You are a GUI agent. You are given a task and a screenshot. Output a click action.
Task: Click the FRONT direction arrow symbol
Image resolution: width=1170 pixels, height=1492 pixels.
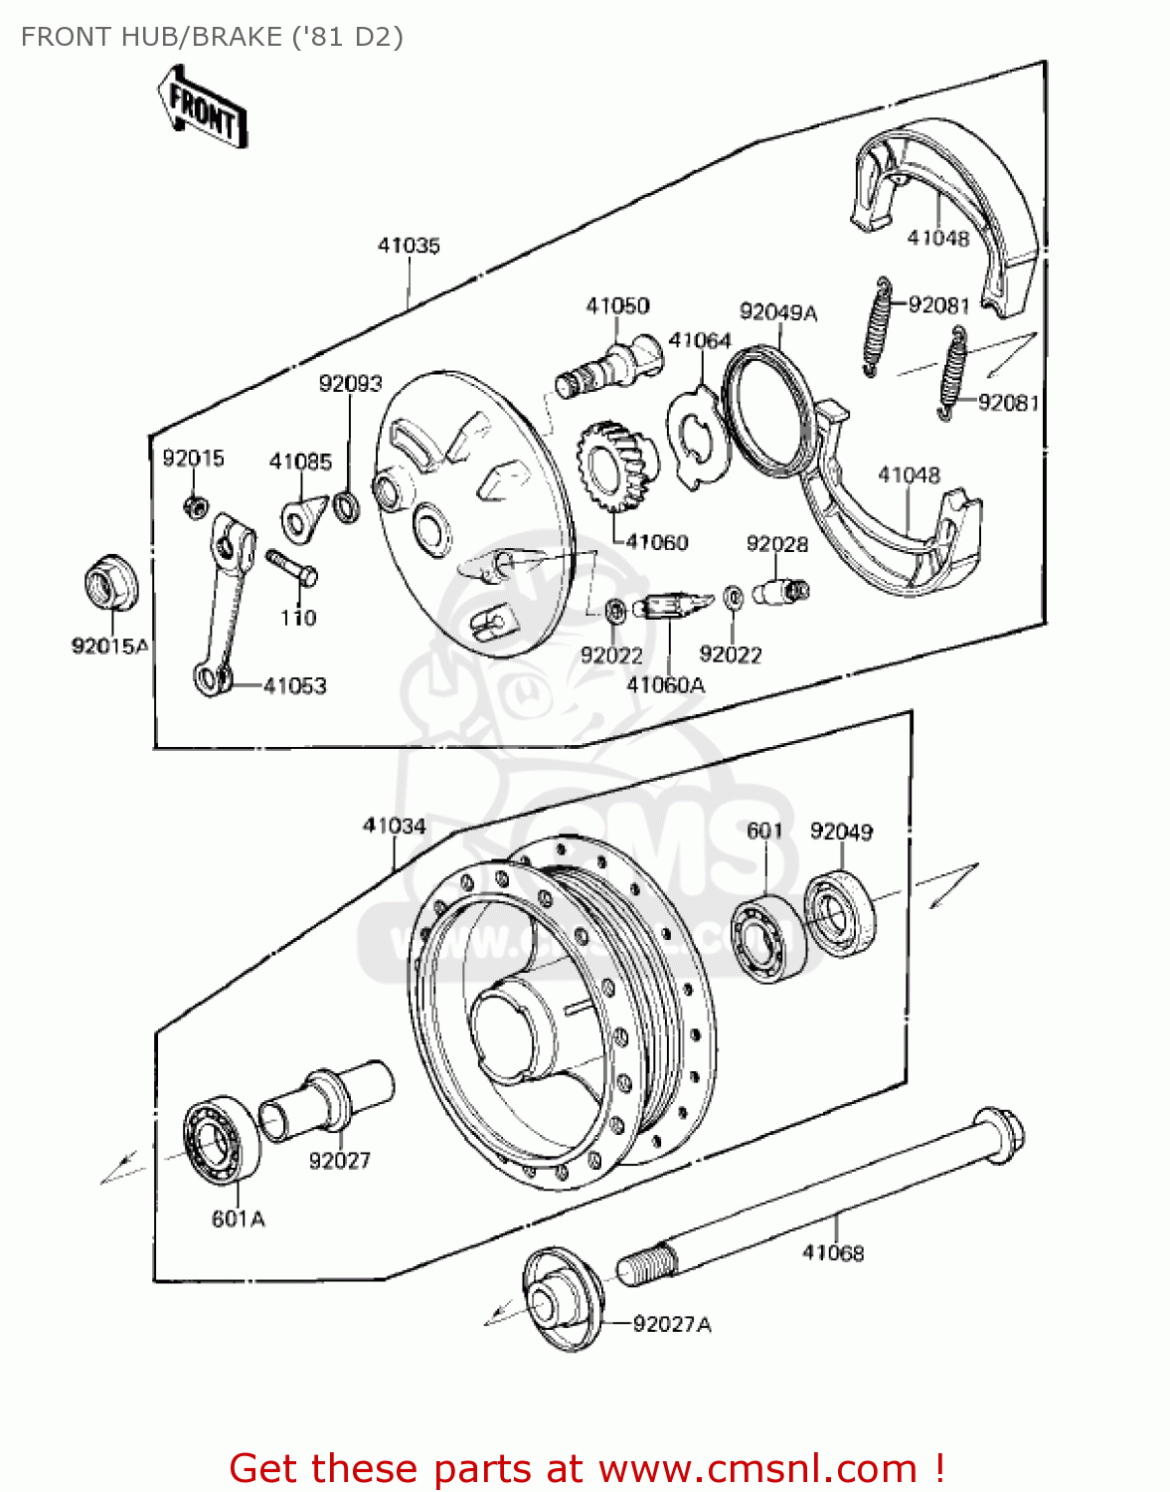tap(202, 108)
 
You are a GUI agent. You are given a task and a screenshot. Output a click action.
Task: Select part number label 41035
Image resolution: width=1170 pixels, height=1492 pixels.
tap(408, 246)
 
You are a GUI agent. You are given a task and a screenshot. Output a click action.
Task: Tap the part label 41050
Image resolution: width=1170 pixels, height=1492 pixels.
tap(617, 305)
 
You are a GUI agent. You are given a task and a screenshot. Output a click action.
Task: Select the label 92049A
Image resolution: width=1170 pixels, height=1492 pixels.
tap(778, 312)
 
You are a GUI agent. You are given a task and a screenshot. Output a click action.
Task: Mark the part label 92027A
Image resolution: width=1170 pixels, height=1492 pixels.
tap(672, 1324)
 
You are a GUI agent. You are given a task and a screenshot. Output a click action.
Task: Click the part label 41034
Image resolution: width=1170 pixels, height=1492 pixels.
tap(395, 826)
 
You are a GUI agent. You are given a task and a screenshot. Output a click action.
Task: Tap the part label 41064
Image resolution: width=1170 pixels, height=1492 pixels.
tap(700, 340)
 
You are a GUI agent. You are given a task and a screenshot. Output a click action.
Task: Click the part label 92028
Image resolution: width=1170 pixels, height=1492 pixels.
tap(777, 544)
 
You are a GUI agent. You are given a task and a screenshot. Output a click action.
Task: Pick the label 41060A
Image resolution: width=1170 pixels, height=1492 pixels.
tap(665, 684)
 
